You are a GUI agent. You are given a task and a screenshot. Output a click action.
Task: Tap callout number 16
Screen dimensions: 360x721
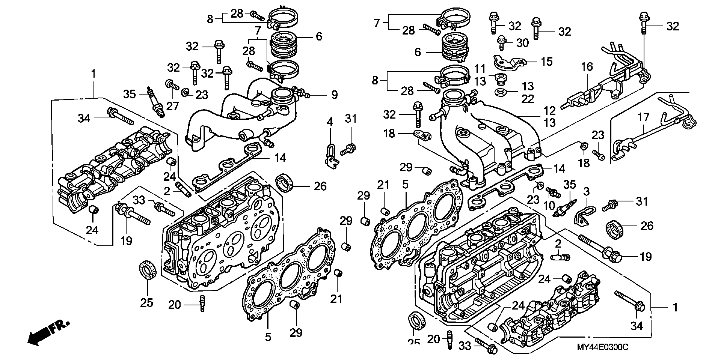tap(587, 67)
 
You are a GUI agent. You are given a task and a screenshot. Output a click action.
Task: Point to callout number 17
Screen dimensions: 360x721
tap(643, 117)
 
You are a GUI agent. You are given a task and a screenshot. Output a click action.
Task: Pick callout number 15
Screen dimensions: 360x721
tap(547, 62)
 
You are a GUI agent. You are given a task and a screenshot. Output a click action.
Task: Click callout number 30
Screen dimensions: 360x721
tap(522, 43)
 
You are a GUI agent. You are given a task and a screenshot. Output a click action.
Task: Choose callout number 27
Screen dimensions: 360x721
tap(172, 106)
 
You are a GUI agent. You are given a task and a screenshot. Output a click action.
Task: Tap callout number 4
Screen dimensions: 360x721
tap(330, 122)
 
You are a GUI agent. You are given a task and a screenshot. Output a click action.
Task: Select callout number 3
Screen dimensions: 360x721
tap(586, 192)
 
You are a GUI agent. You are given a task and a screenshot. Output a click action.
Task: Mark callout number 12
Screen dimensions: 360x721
tap(549, 111)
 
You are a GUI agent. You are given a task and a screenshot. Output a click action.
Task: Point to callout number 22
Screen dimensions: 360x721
tap(528, 99)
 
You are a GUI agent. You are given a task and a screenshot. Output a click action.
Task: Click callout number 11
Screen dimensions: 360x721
tap(480, 69)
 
